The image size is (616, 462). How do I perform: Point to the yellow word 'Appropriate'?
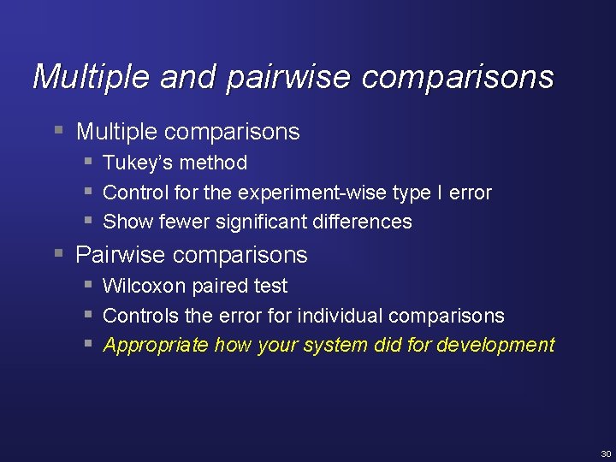coord(156,346)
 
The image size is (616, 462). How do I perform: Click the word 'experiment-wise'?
coord(312,192)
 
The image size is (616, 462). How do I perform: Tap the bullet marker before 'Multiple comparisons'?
coord(57,131)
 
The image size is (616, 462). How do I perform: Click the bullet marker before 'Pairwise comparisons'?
coord(57,254)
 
